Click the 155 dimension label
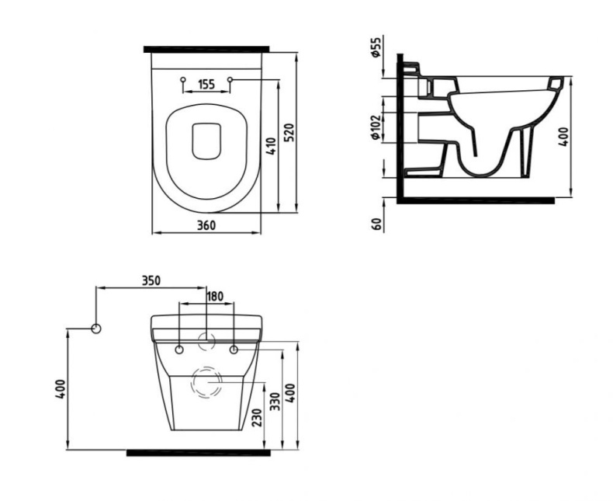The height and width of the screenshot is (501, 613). (206, 84)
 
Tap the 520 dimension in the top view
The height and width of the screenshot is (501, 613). (289, 133)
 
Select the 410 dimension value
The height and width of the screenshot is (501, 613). (271, 146)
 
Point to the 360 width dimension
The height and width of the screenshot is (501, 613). (206, 225)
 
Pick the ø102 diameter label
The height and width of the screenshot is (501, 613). (376, 127)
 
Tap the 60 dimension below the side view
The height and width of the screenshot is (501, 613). (376, 224)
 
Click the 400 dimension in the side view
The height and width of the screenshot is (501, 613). (563, 137)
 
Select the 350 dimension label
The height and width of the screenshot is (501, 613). (151, 280)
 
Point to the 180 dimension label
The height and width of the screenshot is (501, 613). (215, 296)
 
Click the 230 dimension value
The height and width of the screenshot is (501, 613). (257, 418)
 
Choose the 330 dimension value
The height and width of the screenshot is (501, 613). (275, 402)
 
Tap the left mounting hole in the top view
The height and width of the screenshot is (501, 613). (182, 80)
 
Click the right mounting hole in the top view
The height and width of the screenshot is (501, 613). (230, 80)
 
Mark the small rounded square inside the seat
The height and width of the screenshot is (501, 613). (206, 141)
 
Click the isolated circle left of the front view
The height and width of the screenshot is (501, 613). (96, 329)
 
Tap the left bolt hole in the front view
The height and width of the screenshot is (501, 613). (179, 350)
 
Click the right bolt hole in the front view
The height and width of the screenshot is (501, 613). (234, 350)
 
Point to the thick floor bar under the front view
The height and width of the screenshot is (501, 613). (198, 453)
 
